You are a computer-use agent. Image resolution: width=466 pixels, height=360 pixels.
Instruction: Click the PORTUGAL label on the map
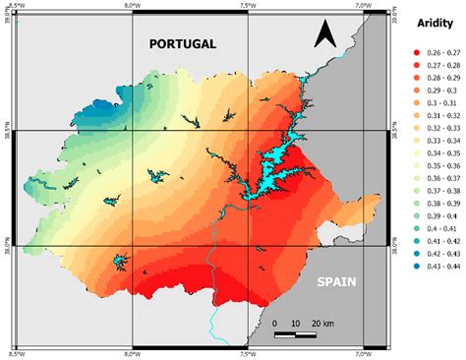tap(182, 44)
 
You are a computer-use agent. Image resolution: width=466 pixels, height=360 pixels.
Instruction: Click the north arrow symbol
tap(326, 36)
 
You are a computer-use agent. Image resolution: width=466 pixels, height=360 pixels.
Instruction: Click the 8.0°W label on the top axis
tap(133, 6)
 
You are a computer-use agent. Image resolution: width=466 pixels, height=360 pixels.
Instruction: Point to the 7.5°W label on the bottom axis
tap(248, 353)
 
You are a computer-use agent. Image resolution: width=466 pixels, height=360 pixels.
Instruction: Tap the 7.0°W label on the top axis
tap(364, 6)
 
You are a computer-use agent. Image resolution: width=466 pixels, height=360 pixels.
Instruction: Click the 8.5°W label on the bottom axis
tap(17, 353)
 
